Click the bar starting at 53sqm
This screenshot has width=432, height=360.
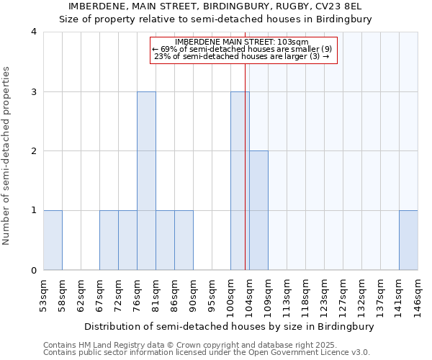(53, 240)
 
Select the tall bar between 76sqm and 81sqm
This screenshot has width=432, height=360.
(146, 181)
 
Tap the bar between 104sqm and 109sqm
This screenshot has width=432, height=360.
(258, 210)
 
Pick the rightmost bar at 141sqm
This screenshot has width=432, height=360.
(408, 240)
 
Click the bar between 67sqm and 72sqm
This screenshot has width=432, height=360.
(109, 240)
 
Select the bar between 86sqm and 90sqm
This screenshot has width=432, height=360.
(184, 240)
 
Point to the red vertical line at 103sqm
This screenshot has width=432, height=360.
(245, 166)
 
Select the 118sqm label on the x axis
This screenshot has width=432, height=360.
(306, 294)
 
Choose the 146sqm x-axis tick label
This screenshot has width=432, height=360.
(418, 294)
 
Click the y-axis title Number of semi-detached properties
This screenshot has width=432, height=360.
(7, 156)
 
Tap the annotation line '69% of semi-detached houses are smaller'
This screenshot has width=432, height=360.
(242, 49)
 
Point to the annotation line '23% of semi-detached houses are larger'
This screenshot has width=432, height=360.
(242, 56)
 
